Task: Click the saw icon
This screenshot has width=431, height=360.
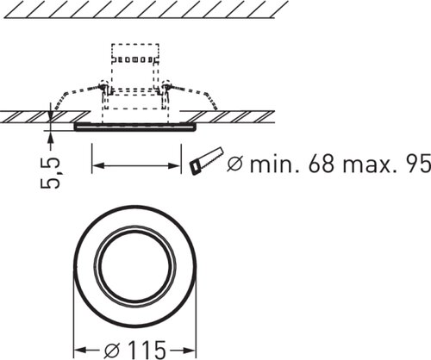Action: tap(206, 160)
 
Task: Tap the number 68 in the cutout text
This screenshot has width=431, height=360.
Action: tap(321, 164)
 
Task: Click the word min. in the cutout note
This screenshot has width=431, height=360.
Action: tap(275, 164)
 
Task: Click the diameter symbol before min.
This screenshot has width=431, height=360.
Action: tap(235, 164)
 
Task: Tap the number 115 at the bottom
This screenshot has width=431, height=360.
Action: tap(147, 351)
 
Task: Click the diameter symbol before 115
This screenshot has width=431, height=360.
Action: tap(112, 351)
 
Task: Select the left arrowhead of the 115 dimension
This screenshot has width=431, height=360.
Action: tap(80, 351)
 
